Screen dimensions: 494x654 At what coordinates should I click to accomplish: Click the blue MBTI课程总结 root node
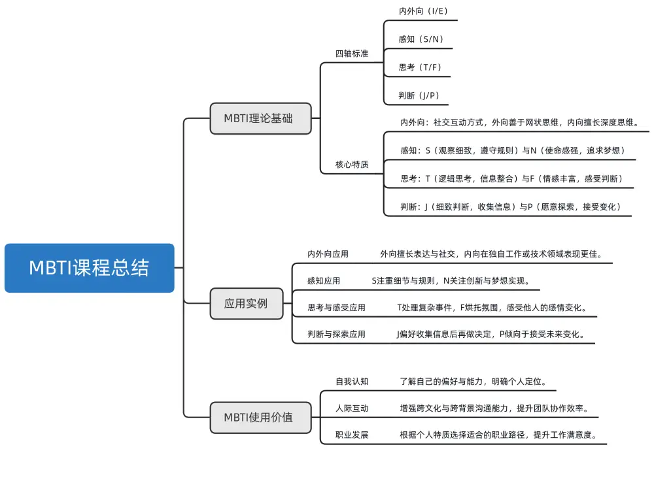tap(89, 268)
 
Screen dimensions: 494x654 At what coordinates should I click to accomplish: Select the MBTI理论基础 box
tap(260, 118)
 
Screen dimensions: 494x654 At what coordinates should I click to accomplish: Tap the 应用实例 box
tap(247, 303)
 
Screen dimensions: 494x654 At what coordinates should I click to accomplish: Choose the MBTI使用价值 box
tap(260, 417)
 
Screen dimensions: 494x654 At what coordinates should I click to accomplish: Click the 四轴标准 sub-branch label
tap(352, 54)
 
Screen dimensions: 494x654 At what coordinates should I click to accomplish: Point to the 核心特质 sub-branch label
tap(352, 165)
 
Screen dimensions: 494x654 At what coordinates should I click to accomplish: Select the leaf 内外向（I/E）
tap(423, 11)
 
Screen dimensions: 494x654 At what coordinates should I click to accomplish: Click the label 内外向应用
tap(328, 254)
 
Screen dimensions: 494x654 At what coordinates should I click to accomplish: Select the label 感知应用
tap(324, 281)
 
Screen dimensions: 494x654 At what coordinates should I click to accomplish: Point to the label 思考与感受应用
tap(336, 307)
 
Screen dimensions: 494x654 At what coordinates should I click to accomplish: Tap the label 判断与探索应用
tap(336, 334)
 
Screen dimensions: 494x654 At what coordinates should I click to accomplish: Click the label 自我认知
tap(352, 381)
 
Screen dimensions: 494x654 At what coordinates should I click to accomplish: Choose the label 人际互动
tap(352, 408)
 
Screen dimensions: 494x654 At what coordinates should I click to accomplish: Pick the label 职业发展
tap(352, 435)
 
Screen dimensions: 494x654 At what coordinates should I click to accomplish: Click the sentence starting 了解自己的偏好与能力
tap(473, 381)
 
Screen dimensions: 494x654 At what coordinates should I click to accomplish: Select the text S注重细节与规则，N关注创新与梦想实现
tap(450, 281)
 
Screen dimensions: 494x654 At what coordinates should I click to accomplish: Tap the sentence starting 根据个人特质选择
tap(498, 435)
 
